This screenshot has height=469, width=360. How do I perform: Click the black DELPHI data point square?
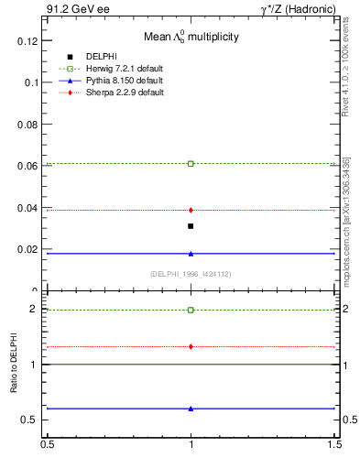[x=191, y=225]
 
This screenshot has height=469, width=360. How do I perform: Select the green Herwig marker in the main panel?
[x=191, y=163]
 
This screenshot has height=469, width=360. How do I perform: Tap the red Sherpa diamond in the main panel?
[x=191, y=210]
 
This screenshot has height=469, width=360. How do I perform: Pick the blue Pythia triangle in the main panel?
[x=191, y=253]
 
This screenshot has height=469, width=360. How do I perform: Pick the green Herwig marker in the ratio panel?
[x=191, y=310]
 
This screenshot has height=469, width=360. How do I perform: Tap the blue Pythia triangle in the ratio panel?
[x=191, y=409]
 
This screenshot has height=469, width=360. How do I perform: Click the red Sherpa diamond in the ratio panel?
[x=191, y=346]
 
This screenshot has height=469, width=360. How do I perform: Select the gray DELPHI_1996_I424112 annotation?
[x=191, y=273]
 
